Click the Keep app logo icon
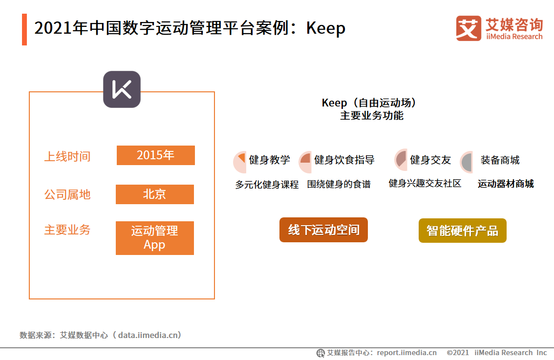[122, 89]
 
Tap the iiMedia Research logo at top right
[499, 28]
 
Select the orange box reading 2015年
[155, 155]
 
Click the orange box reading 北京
[154, 194]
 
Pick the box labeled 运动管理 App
[154, 238]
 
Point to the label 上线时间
[67, 157]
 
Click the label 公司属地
[67, 194]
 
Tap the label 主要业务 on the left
[67, 230]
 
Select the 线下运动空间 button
[323, 230]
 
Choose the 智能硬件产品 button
[462, 231]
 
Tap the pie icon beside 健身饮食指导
[305, 162]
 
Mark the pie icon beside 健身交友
[401, 160]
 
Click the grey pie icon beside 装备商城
[467, 162]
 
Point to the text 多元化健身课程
[267, 185]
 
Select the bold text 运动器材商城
[506, 184]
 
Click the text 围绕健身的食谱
[339, 185]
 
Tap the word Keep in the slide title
[326, 28]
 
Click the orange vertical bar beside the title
[24, 30]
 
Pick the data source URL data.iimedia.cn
[149, 335]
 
